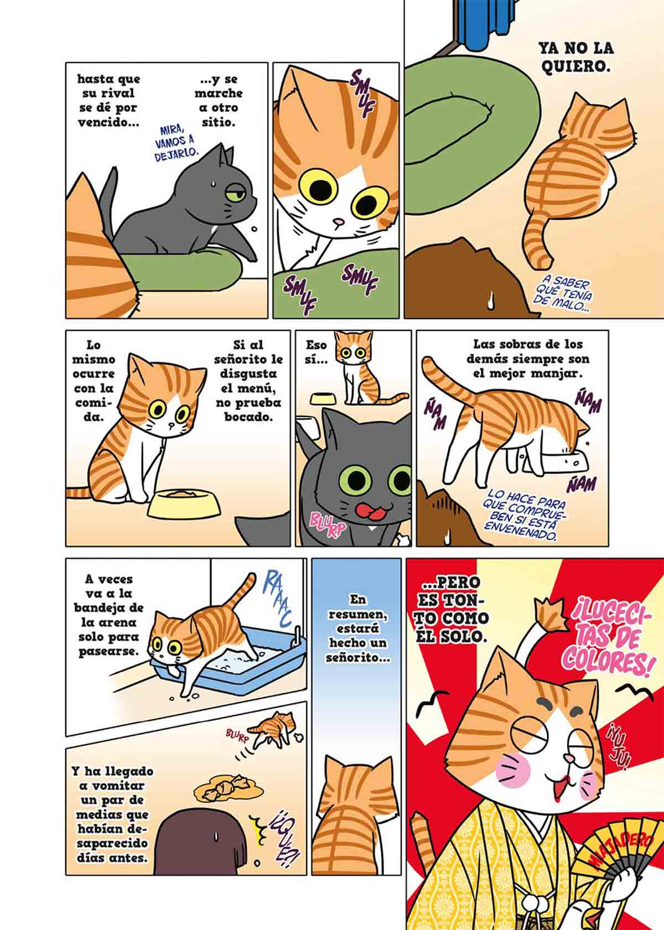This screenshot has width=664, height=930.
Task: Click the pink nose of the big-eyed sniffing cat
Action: click(339, 222)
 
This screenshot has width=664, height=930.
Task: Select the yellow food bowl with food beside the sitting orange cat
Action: click(183, 503)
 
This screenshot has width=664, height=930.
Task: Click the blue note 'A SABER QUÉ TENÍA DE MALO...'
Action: click(565, 296)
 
